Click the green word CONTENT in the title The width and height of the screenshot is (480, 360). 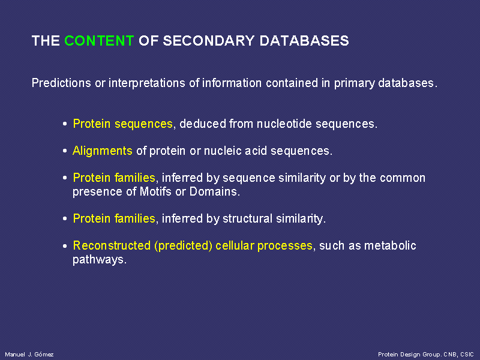pos(99,41)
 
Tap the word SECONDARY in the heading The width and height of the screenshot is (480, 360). pos(208,41)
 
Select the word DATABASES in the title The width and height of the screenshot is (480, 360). pos(304,41)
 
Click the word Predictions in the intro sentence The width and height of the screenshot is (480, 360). pos(61,83)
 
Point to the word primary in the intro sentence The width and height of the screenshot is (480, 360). pos(354,83)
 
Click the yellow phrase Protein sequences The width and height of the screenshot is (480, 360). pos(123,124)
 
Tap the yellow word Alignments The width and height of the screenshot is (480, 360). pos(102,151)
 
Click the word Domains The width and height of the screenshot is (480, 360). pos(214,191)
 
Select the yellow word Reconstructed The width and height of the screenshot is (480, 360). pos(112,245)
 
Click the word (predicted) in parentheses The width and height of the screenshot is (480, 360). pos(183,246)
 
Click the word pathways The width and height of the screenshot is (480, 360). pos(100,260)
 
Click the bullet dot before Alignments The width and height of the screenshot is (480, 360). pos(65,151)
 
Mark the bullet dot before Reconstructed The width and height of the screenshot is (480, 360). pos(65,246)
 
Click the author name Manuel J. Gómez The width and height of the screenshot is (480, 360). pos(29,355)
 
